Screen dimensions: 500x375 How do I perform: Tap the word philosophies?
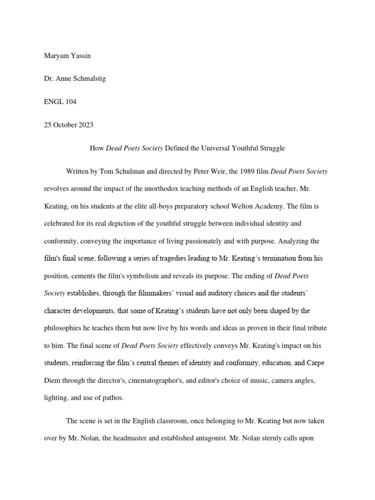(66, 328)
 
